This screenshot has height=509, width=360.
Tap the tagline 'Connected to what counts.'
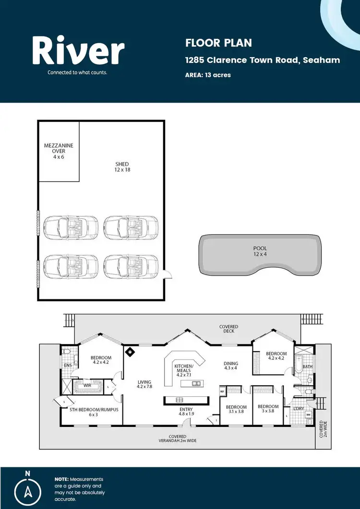[77, 73]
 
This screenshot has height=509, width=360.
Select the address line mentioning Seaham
[263, 60]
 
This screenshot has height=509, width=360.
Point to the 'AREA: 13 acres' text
[208, 75]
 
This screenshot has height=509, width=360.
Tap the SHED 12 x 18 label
[122, 167]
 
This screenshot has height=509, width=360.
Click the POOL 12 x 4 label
[260, 251]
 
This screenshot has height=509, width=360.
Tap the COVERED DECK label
[228, 329]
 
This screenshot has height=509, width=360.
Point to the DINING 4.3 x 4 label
[231, 366]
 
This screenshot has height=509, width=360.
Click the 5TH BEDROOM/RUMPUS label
[87, 412]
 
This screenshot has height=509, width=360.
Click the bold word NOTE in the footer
[61, 479]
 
